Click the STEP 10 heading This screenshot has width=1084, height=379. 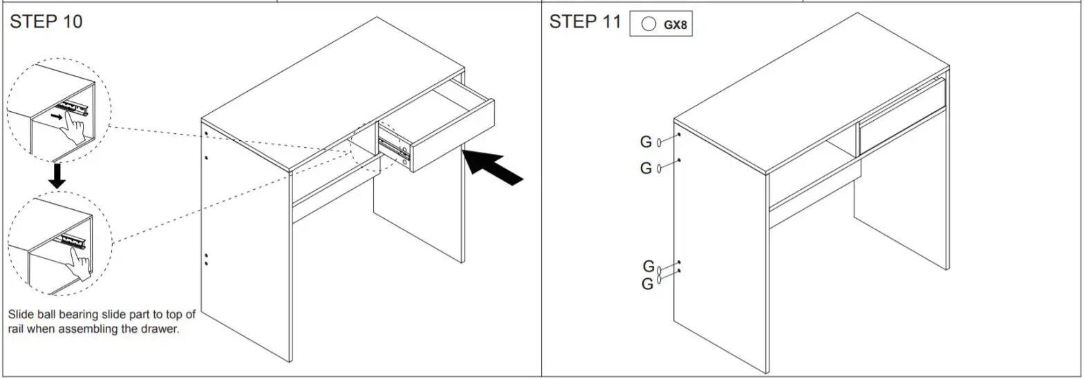(x=46, y=21)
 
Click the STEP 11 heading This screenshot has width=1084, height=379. (x=585, y=21)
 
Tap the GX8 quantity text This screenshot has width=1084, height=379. (x=675, y=25)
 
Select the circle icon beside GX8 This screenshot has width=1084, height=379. (x=648, y=24)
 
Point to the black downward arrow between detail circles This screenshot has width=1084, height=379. (x=57, y=176)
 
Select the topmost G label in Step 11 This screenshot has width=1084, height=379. (x=646, y=142)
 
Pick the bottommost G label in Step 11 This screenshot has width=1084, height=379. (x=647, y=284)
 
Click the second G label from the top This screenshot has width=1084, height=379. (x=646, y=168)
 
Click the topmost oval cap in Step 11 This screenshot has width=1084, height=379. (x=660, y=142)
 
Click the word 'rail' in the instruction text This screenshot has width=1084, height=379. (x=17, y=329)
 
